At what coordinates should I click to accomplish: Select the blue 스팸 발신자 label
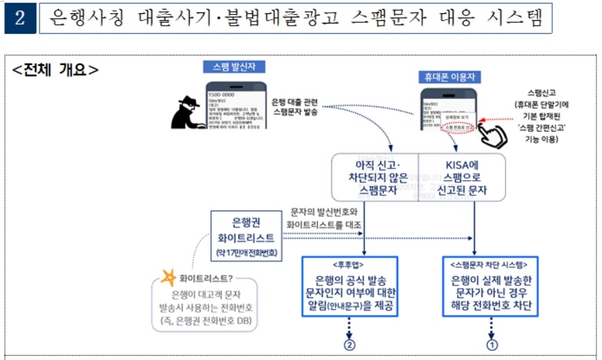tap(234, 67)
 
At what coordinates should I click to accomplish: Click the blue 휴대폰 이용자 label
tap(450, 76)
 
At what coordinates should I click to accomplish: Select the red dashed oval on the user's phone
tap(458, 127)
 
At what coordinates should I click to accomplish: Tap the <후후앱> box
tap(351, 287)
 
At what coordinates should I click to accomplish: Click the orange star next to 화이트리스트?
tap(168, 279)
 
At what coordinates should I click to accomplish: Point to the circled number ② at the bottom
tap(350, 344)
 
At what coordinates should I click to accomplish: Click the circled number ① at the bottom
tap(491, 344)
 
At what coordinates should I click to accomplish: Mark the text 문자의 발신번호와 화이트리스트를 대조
tap(322, 217)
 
